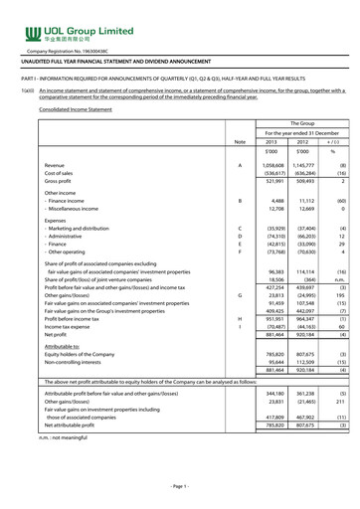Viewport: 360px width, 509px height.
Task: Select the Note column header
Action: click(239, 142)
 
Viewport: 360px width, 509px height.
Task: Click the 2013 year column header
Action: click(270, 142)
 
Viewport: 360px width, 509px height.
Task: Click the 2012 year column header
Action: click(302, 142)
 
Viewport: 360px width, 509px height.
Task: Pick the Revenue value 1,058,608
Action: click(270, 164)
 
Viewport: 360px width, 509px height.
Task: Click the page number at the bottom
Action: click(180, 486)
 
